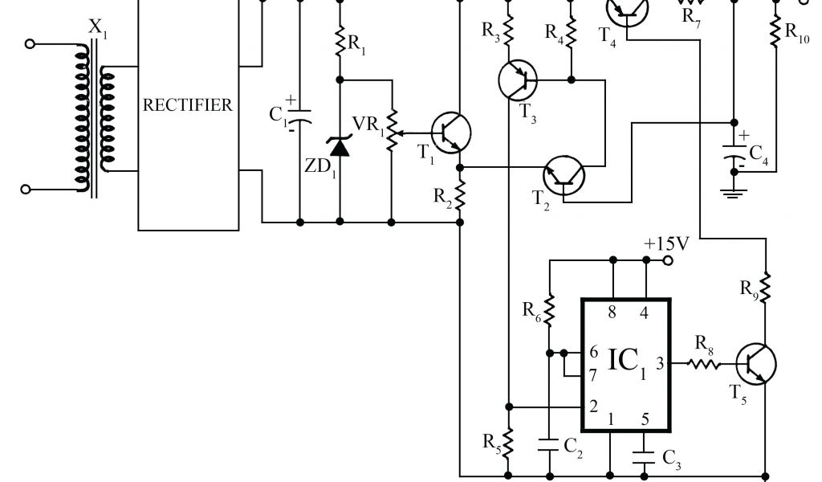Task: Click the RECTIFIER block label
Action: pos(188,105)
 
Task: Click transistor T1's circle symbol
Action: pos(450,131)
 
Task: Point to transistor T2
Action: pos(564,175)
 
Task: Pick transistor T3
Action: pos(518,80)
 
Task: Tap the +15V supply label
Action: pos(665,243)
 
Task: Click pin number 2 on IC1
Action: pos(593,407)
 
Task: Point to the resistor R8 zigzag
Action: pos(704,364)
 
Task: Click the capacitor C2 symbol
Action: pos(549,443)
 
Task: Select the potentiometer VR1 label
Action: pos(365,125)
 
